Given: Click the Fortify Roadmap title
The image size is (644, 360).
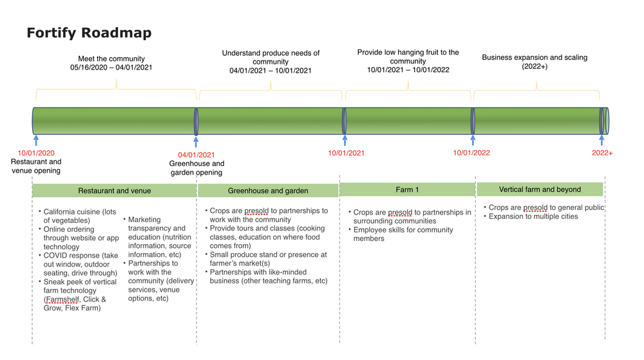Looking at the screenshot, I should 89,33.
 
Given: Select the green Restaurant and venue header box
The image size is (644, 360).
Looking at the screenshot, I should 114,191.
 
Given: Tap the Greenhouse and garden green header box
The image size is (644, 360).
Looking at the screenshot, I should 268,191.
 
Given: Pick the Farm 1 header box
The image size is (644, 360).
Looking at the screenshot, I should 407,189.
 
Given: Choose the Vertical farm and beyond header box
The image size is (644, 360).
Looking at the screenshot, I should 540,189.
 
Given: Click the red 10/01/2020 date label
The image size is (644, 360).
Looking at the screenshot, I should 36,153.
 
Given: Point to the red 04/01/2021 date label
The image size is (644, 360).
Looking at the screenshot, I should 196,155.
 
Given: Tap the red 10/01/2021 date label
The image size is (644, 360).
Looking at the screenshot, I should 346,153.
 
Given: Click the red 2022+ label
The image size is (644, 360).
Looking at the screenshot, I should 602,153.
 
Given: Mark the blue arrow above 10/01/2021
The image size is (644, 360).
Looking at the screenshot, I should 345,140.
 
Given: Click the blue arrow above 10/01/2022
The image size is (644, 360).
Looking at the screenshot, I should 473,140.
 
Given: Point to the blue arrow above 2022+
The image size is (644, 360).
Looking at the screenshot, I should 602,140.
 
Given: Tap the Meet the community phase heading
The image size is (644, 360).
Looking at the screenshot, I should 111,59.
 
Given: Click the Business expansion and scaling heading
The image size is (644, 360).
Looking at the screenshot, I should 535,57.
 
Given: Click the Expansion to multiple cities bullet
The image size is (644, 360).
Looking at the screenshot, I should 533,216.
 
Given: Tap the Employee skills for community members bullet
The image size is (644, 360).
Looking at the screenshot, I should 403,234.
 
